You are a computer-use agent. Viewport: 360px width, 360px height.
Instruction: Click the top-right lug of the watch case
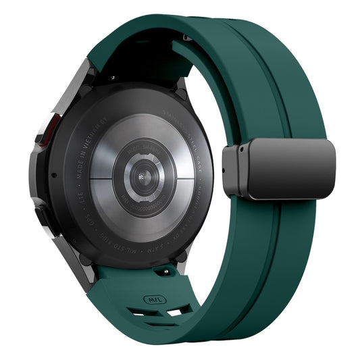coord(181,84)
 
